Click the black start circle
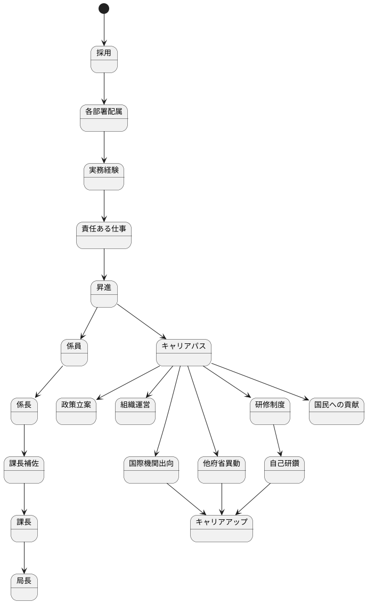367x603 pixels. (104, 9)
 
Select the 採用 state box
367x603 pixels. (104, 59)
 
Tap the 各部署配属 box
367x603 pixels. (104, 118)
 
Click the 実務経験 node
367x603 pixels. (104, 176)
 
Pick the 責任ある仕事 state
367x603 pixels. (104, 235)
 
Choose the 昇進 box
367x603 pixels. (104, 294)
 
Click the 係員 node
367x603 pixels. (74, 352)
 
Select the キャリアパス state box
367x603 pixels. (184, 352)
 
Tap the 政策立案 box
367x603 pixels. (76, 411)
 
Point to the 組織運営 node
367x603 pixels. (135, 411)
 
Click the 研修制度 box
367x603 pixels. (270, 411)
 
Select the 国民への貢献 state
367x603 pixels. (337, 411)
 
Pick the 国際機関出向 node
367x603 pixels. (151, 470)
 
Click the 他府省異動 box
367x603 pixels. (222, 470)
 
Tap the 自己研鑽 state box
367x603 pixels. (284, 470)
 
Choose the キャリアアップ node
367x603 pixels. (222, 528)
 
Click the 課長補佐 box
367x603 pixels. (24, 470)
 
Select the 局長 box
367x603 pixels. (24, 587)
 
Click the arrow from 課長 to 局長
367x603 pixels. (24, 558)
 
